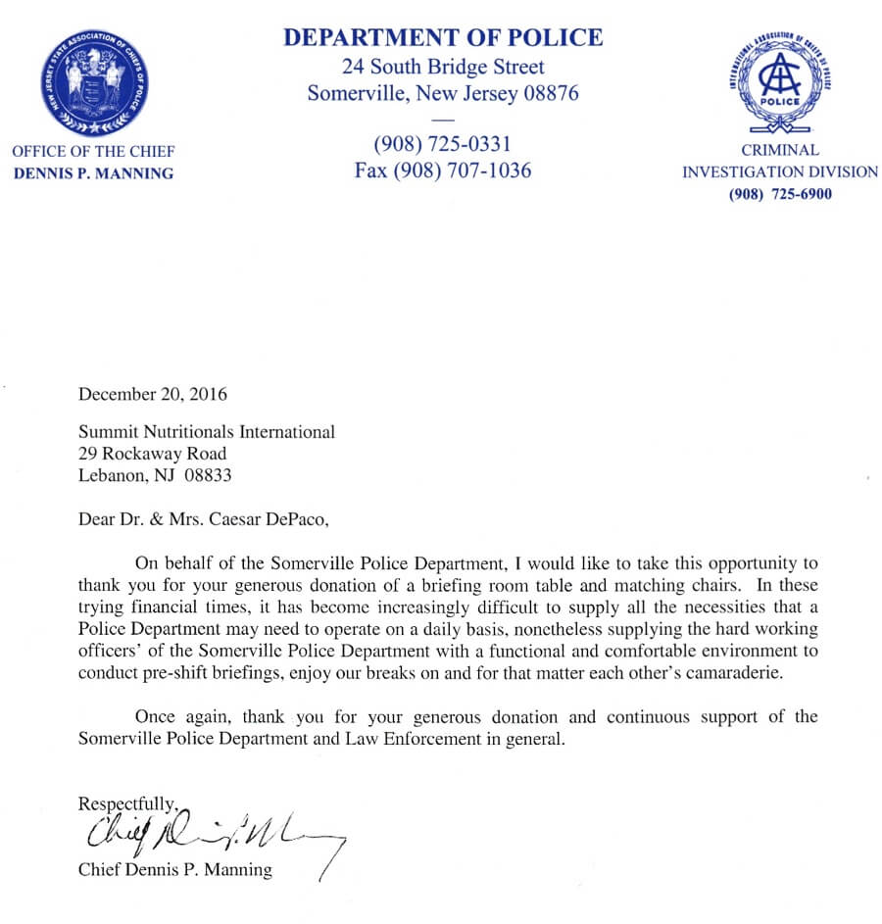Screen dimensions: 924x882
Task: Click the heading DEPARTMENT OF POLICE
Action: click(x=442, y=38)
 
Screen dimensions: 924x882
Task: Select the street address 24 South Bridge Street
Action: click(x=443, y=68)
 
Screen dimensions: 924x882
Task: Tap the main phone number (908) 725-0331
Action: click(x=442, y=145)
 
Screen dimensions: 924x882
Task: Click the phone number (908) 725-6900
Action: click(x=780, y=194)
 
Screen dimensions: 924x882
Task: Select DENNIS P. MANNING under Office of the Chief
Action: click(x=94, y=173)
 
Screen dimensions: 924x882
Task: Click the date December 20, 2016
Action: click(x=152, y=395)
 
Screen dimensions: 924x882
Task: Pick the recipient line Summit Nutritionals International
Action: click(x=206, y=431)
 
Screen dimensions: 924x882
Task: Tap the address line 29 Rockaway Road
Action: click(x=152, y=454)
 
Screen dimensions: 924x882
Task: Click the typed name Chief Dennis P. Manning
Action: click(x=174, y=869)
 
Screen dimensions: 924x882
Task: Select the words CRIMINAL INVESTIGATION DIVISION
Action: click(x=780, y=162)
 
